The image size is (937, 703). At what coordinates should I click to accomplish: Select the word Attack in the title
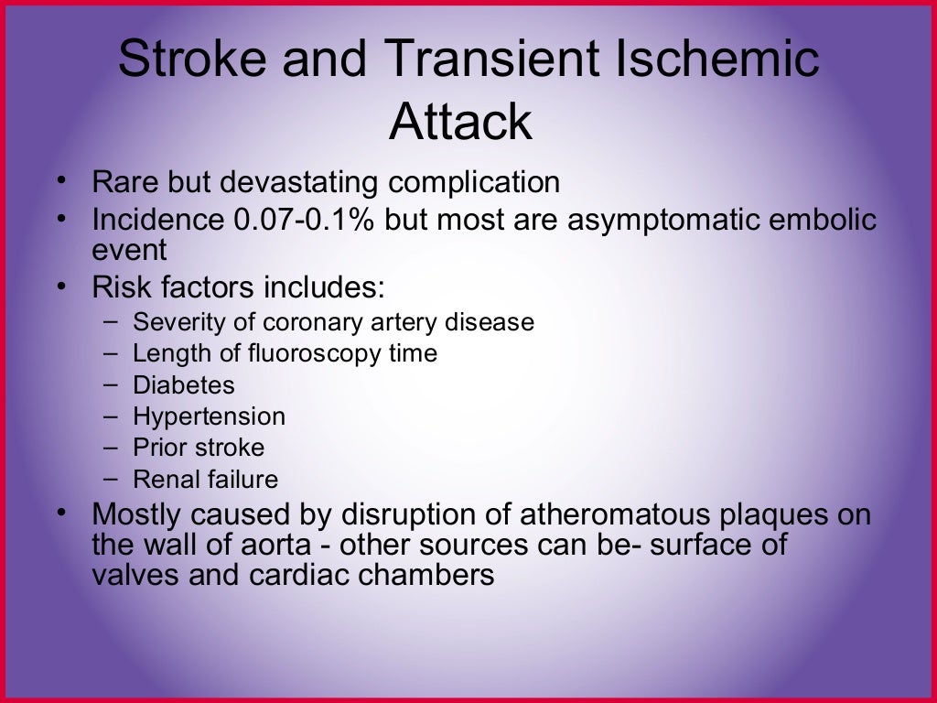(x=460, y=122)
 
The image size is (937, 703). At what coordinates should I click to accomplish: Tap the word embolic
(x=822, y=221)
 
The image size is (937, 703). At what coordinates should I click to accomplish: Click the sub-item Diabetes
(x=183, y=384)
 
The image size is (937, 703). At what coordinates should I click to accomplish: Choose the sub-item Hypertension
(x=209, y=416)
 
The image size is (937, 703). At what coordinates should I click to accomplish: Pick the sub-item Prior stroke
(x=198, y=448)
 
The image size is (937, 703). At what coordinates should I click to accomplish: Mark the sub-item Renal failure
(x=205, y=479)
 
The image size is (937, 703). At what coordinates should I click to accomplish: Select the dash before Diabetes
(x=111, y=384)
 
